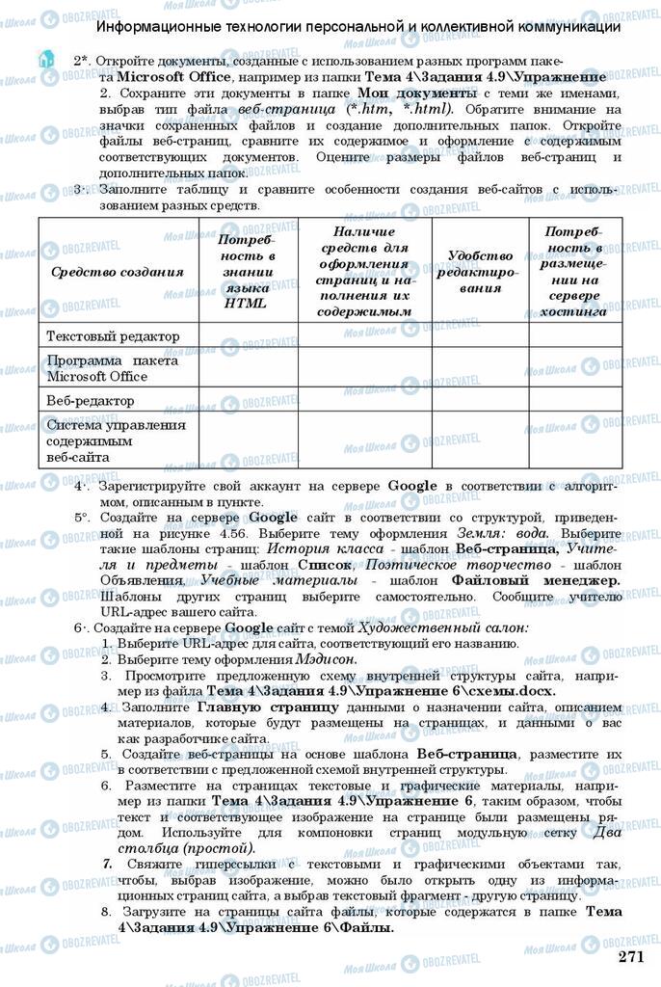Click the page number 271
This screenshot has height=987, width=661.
pos(630,956)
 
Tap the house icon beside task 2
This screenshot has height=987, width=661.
pos(44,60)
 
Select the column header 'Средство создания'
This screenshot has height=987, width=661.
pos(118,272)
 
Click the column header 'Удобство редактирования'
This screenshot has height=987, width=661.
pos(480,271)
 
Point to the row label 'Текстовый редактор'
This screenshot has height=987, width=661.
pos(114,335)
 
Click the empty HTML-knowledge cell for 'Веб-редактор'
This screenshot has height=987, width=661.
pos(248,400)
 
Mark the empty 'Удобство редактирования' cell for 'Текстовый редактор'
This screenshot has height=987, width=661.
pos(480,335)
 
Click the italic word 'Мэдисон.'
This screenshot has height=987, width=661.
pos(324,659)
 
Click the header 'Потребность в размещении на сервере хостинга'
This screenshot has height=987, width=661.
pos(574,271)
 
